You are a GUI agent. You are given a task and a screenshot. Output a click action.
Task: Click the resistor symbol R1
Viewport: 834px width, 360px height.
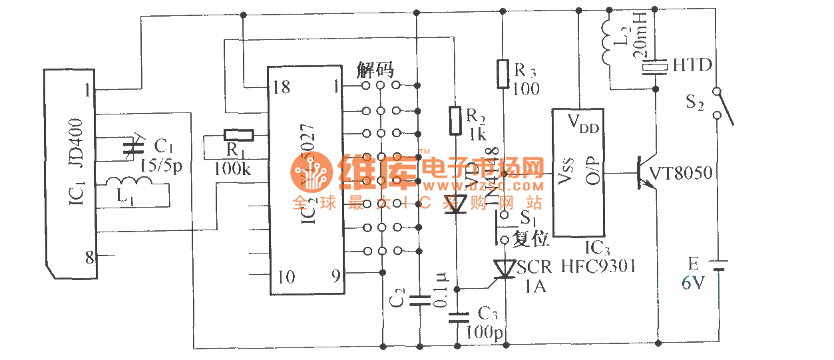[x=239, y=135]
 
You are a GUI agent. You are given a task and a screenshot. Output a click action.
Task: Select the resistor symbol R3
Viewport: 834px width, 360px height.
[x=504, y=73]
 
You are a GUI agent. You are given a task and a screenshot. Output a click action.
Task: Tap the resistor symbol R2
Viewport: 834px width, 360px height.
[x=455, y=120]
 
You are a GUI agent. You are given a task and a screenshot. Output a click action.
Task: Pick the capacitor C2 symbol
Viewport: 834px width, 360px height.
[x=418, y=300]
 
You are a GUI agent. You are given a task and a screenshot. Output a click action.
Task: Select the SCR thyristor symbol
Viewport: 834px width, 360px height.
[x=504, y=269]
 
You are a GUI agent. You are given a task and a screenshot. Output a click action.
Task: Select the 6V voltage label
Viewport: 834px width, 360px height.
[x=692, y=283]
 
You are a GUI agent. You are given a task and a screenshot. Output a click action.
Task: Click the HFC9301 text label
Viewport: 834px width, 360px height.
[x=598, y=267]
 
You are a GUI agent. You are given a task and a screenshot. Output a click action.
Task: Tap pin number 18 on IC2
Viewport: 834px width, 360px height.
[x=282, y=87]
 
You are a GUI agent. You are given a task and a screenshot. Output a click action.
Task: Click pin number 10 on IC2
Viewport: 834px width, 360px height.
[x=286, y=276]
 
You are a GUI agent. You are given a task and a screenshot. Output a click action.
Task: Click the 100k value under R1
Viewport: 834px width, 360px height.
[x=232, y=169]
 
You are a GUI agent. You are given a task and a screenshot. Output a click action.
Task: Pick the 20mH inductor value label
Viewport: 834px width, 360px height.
[x=635, y=41]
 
